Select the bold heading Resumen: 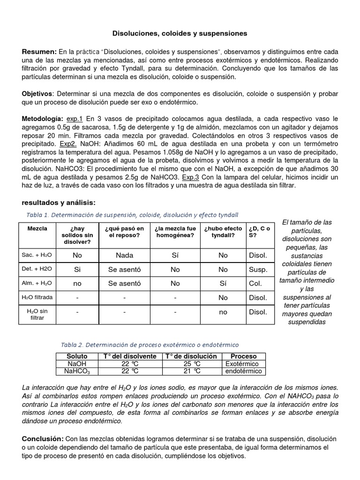[x=39, y=51]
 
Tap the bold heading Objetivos [x=38, y=94]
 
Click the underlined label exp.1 [x=75, y=119]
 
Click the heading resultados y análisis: [x=59, y=202]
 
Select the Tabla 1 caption [x=133, y=215]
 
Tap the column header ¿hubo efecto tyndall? [x=223, y=232]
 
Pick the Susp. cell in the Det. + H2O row [x=258, y=270]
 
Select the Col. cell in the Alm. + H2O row [x=255, y=284]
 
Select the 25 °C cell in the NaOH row [x=191, y=364]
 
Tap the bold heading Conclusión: [x=43, y=438]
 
